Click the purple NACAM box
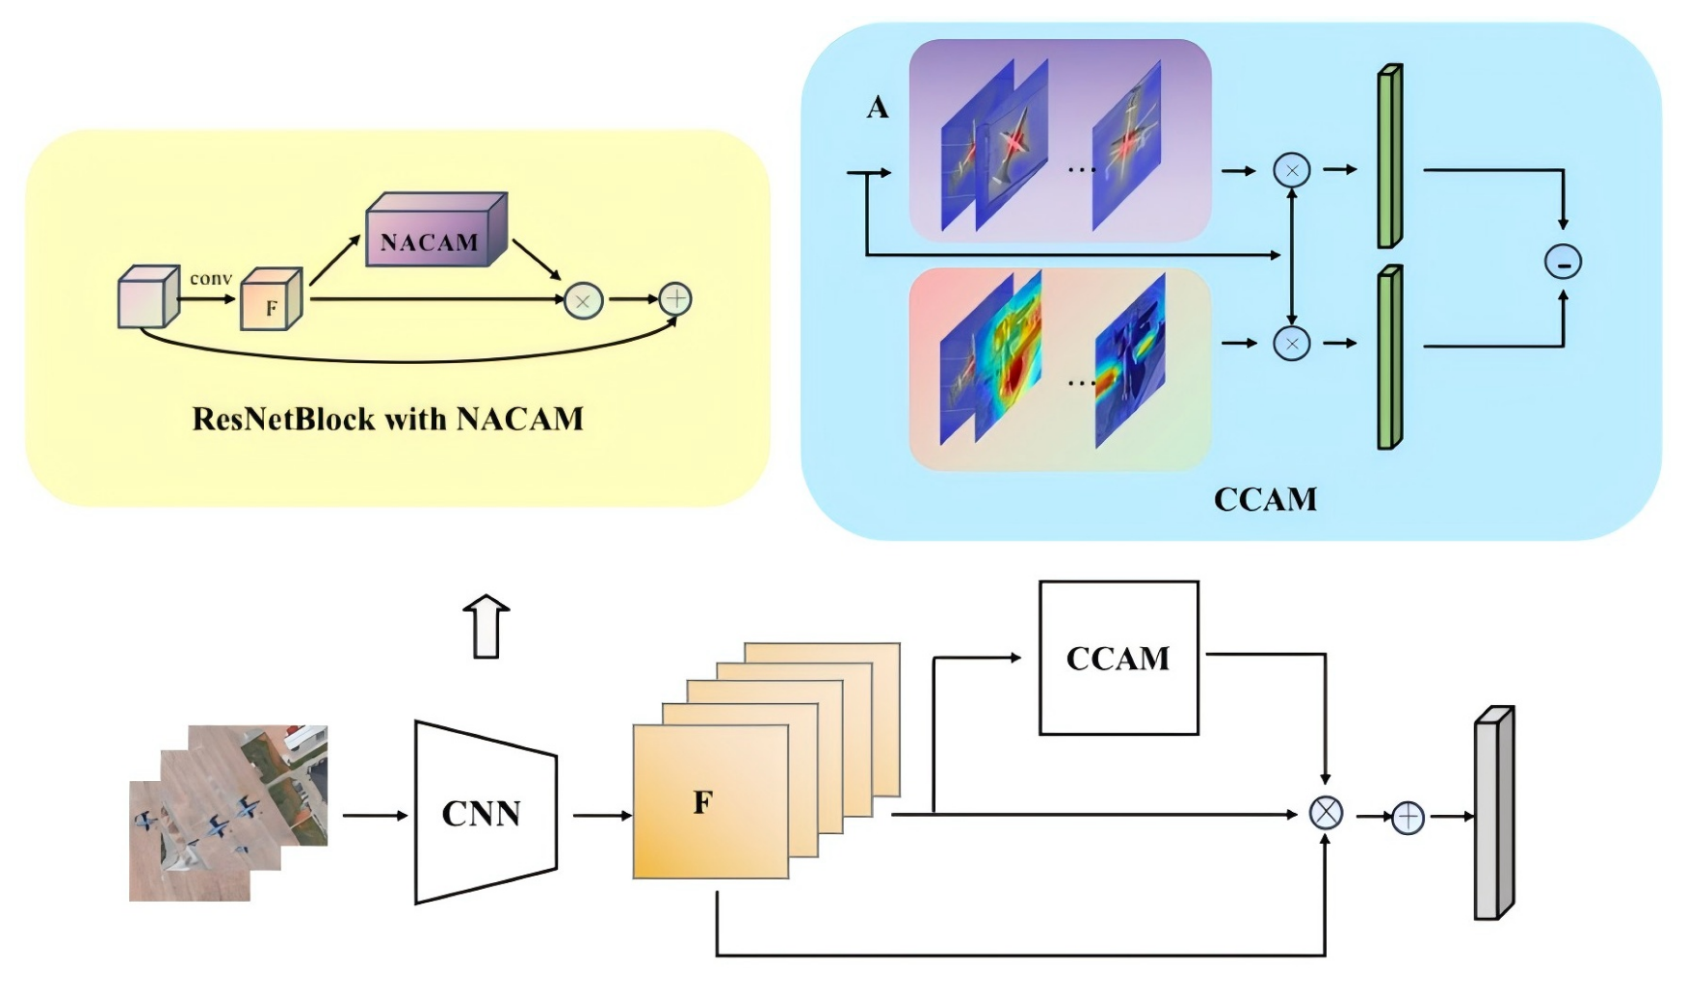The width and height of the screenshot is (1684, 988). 436,230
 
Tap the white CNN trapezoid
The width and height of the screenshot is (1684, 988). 486,812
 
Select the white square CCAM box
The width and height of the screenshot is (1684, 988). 1118,658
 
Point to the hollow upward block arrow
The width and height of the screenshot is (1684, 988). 487,626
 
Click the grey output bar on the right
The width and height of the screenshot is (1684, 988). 1494,813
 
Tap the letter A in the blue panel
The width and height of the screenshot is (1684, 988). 877,107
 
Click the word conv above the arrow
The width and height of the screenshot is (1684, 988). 210,277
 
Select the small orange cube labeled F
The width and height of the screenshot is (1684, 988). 272,299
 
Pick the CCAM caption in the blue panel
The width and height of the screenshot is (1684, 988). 1265,499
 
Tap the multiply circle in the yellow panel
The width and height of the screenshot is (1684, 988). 583,301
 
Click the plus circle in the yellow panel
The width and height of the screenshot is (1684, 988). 675,299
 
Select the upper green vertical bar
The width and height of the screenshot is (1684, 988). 1390,156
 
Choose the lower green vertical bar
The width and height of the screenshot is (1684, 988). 1390,357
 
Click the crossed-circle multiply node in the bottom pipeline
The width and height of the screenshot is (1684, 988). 1325,815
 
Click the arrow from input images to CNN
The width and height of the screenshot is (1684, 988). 375,815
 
